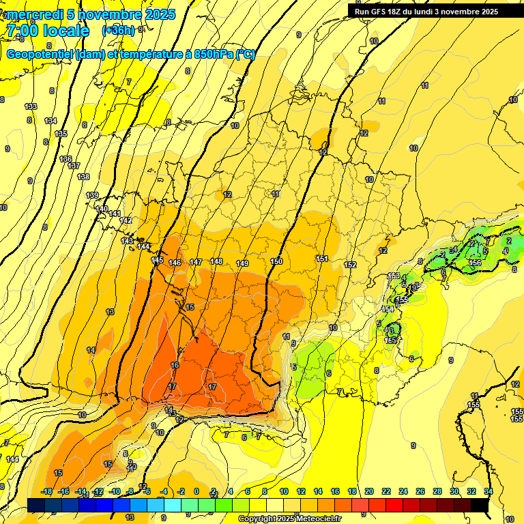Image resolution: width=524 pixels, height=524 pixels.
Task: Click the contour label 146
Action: (x=175, y=263)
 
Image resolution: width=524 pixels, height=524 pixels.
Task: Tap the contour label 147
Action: (x=196, y=262)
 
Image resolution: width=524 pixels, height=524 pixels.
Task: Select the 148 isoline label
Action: (x=216, y=261)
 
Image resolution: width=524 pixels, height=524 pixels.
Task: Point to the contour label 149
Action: (x=242, y=263)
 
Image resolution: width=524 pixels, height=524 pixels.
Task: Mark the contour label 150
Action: (x=276, y=261)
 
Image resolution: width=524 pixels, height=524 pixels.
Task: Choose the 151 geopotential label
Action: (x=322, y=259)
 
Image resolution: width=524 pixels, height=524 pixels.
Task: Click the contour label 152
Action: (x=350, y=265)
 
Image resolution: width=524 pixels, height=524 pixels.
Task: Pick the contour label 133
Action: (x=31, y=106)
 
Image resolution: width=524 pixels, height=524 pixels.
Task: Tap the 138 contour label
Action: (x=83, y=177)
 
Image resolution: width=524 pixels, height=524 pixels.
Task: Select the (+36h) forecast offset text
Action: (x=118, y=31)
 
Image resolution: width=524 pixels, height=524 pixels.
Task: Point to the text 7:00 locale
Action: (x=48, y=31)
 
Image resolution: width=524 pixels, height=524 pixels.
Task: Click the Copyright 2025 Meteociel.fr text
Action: (x=289, y=519)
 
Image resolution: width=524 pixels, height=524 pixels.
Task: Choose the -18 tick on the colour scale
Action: (x=46, y=491)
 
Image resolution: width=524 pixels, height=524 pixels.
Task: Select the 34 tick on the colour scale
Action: (x=488, y=491)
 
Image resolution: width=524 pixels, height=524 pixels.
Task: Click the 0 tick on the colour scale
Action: (x=196, y=491)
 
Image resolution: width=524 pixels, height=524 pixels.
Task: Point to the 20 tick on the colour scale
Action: (x=369, y=491)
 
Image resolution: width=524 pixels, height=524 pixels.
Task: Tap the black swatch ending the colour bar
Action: (x=480, y=505)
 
